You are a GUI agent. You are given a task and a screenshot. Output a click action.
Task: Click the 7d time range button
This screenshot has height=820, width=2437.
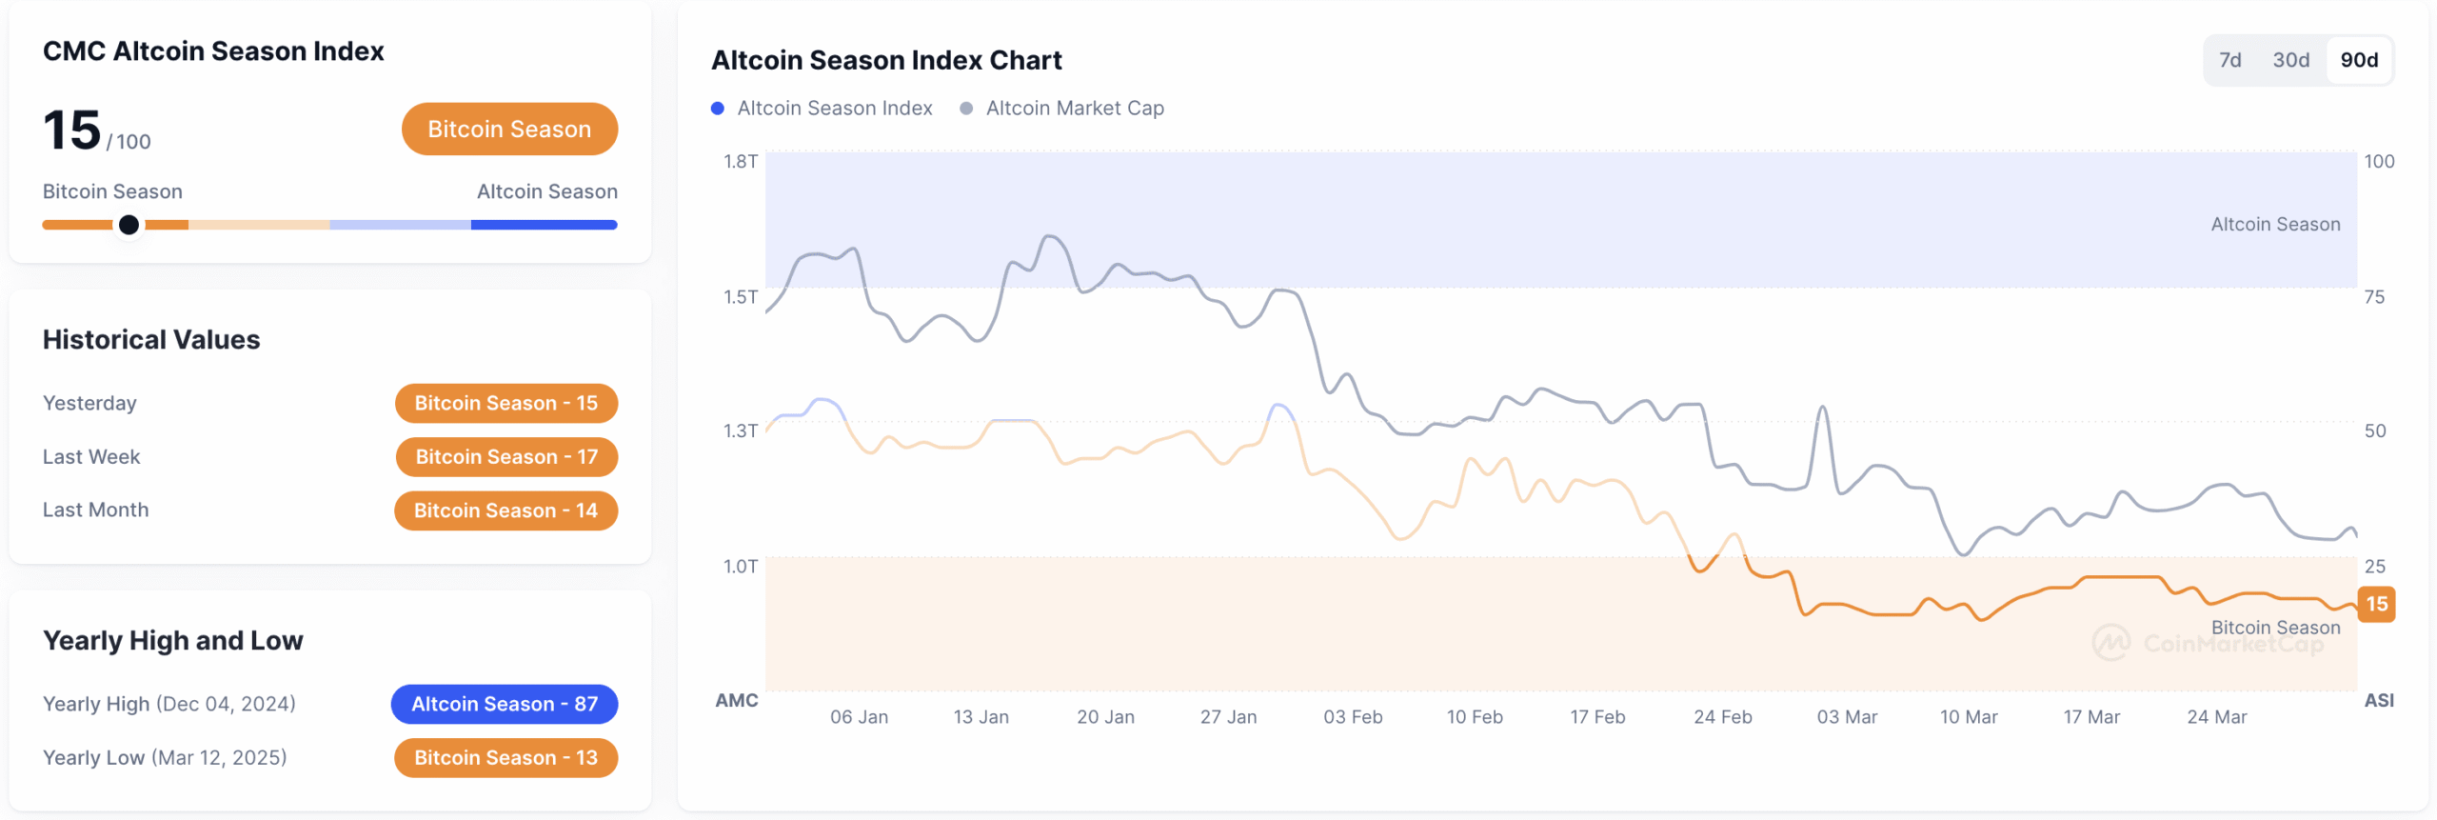click(2229, 60)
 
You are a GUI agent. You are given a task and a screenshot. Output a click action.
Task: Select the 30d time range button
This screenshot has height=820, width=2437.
click(2290, 60)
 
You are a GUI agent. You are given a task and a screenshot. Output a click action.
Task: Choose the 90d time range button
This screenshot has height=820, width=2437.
click(2359, 60)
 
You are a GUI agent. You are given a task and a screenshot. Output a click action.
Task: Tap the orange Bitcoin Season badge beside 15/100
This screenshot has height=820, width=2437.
click(509, 129)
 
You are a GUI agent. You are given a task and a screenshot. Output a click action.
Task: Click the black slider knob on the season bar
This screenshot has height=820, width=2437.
click(129, 225)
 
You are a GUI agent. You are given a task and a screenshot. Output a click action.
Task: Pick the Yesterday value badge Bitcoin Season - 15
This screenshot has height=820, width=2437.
click(505, 403)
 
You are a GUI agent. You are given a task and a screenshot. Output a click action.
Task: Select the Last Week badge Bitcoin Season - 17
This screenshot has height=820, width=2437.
click(505, 456)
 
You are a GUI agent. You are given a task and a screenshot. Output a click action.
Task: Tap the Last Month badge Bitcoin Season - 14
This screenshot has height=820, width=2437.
click(505, 510)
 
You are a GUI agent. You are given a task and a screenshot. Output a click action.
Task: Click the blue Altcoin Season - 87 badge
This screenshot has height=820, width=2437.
click(504, 704)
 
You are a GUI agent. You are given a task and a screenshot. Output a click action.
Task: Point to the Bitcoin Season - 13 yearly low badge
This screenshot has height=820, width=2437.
click(505, 757)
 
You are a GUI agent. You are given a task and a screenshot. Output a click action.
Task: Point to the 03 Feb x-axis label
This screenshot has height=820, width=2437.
click(1353, 717)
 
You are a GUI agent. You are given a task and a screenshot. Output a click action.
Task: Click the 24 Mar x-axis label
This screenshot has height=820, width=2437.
click(2216, 717)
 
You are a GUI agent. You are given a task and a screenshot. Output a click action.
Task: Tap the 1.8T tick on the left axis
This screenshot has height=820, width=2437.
click(740, 161)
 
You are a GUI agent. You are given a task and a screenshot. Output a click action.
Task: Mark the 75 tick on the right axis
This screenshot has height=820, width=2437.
click(2374, 297)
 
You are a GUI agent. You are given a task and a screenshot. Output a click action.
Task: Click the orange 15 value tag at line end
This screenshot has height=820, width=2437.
click(2376, 604)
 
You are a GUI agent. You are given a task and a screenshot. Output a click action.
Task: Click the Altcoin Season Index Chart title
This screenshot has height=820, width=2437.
click(885, 60)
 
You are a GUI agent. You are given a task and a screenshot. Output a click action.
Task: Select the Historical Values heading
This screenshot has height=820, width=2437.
click(151, 340)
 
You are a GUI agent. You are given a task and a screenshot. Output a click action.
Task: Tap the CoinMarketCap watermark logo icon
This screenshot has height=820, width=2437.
click(2110, 643)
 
